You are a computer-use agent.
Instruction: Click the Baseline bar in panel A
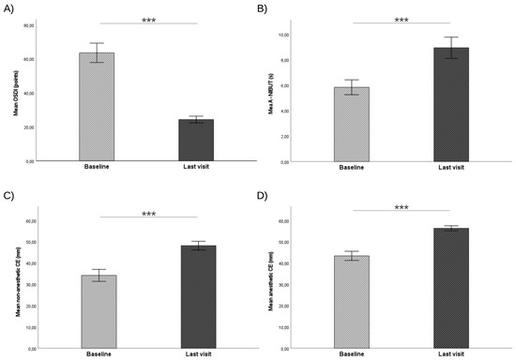pyautogui.click(x=97, y=107)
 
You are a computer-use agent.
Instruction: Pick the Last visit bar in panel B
pyautogui.click(x=450, y=104)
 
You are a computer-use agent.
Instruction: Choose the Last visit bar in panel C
pyautogui.click(x=198, y=296)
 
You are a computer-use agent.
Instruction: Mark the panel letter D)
pyautogui.click(x=269, y=198)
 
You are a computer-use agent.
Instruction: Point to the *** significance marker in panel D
pyautogui.click(x=402, y=208)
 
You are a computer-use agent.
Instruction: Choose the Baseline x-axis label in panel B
pyautogui.click(x=352, y=167)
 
